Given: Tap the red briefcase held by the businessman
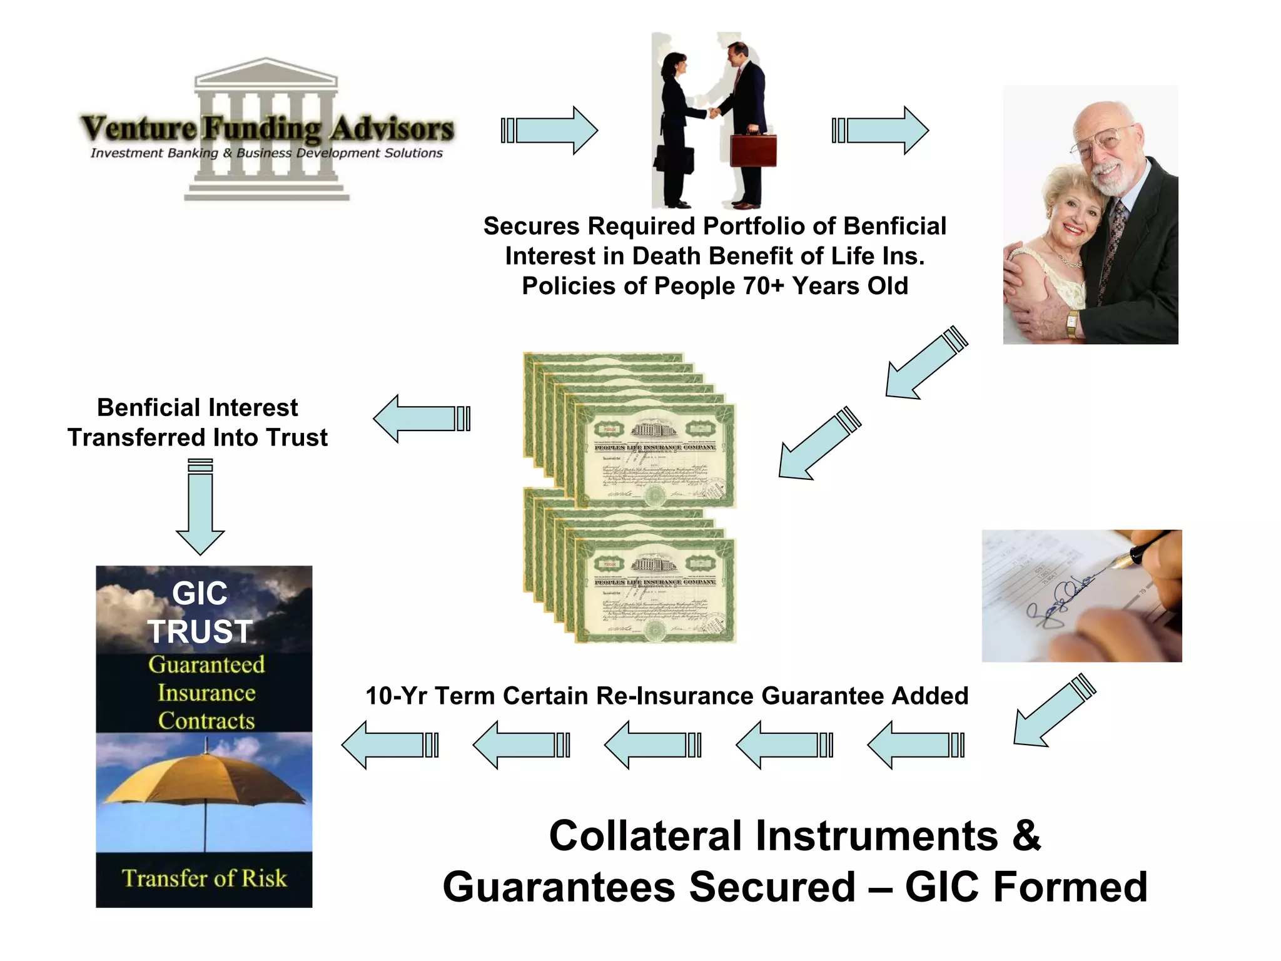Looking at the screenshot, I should [x=753, y=150].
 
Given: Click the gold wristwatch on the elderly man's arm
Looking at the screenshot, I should [x=1072, y=322].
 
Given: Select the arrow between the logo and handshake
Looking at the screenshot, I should [x=550, y=130].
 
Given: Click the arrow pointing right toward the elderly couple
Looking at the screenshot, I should [x=881, y=130].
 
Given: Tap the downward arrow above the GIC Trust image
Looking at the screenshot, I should [x=200, y=508].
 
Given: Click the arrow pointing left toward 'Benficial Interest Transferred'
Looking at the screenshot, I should [x=421, y=419].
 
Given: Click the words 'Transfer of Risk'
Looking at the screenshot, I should [x=204, y=878].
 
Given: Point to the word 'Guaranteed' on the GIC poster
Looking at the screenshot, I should [x=206, y=664].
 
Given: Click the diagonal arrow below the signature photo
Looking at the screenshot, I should [x=1053, y=712].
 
